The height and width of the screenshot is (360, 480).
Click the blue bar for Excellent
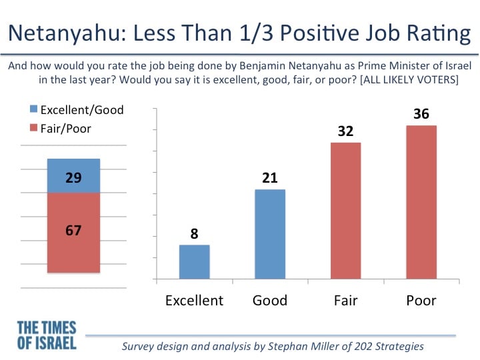point(195,262)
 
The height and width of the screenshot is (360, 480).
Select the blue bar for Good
point(270,234)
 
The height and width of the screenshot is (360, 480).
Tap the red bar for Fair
point(345,211)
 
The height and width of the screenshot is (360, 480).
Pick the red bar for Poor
point(421,203)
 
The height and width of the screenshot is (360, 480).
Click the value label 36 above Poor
point(421,114)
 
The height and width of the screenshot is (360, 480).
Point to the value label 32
point(345,131)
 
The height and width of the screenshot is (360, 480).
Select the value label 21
point(270,178)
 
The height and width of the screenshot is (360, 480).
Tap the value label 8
point(195,233)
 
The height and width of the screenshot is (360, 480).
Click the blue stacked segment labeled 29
point(73,176)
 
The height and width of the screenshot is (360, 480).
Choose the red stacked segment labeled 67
point(73,233)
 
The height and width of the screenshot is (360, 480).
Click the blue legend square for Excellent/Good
point(34,109)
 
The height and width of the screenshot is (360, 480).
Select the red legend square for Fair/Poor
point(34,127)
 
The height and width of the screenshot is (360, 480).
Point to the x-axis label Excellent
point(195,301)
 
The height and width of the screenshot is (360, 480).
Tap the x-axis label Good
point(270,301)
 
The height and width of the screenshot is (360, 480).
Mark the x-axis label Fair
point(345,301)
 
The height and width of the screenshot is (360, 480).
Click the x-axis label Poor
point(421,301)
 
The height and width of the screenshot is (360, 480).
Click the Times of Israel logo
point(47,335)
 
